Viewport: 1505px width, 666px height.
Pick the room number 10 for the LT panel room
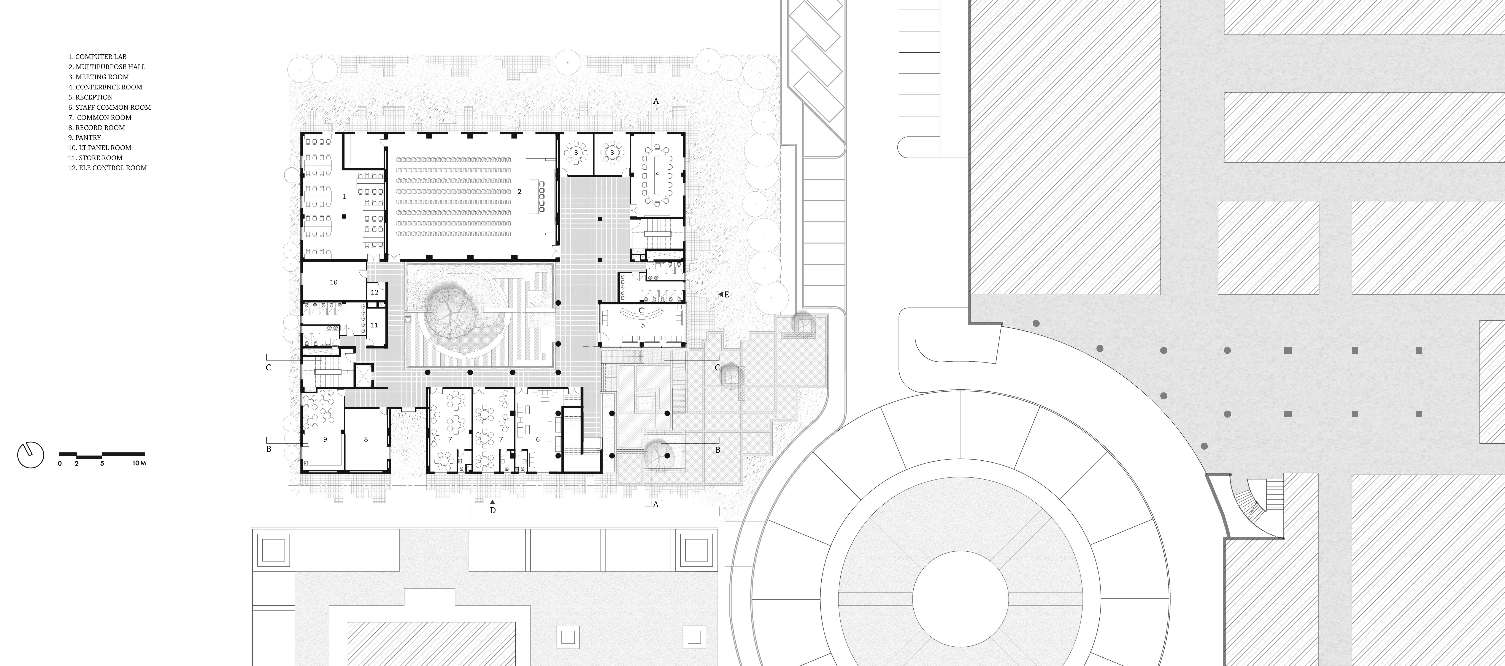click(x=334, y=282)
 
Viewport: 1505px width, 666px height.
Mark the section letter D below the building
click(x=492, y=510)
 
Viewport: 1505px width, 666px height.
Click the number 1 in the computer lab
click(x=344, y=197)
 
